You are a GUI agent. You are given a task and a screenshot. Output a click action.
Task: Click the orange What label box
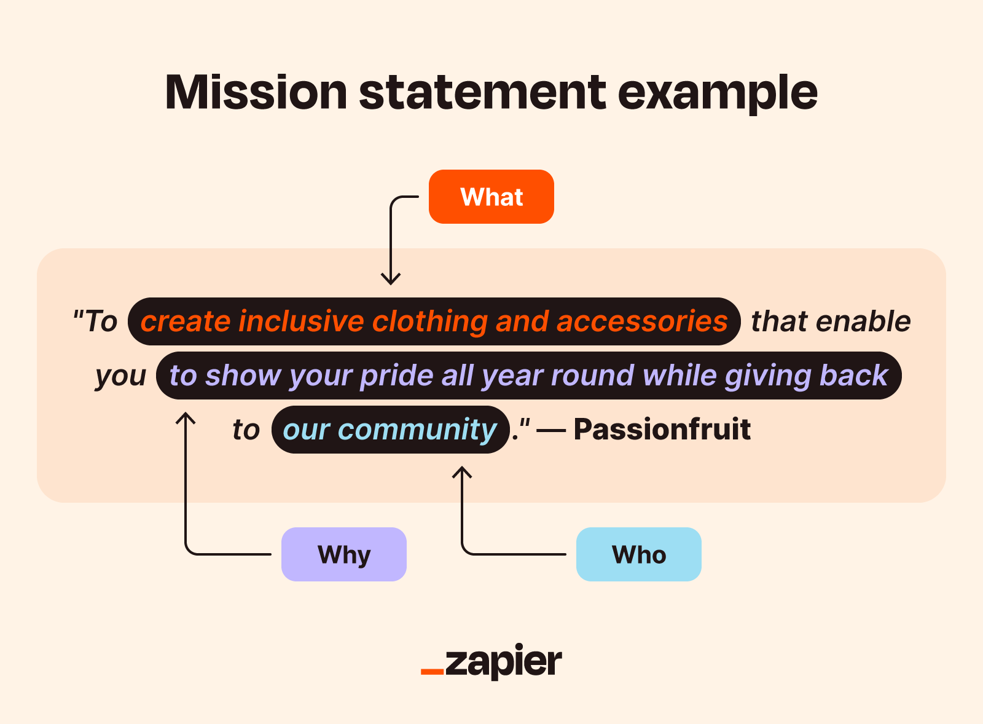(x=491, y=197)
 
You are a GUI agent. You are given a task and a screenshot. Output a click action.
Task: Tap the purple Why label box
(x=343, y=554)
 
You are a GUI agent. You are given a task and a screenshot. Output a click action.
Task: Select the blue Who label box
(x=638, y=554)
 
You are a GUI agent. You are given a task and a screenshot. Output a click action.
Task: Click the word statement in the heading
(x=482, y=93)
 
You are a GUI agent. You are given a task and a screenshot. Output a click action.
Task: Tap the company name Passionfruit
(x=662, y=429)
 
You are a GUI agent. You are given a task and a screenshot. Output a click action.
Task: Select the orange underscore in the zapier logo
(x=432, y=672)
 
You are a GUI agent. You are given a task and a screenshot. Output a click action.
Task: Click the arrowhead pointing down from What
(x=391, y=279)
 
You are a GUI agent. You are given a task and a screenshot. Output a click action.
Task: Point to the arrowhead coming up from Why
(x=185, y=419)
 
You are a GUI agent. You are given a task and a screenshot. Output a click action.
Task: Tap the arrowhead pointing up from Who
(x=462, y=472)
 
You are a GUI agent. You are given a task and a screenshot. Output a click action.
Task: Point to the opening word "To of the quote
(x=95, y=321)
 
